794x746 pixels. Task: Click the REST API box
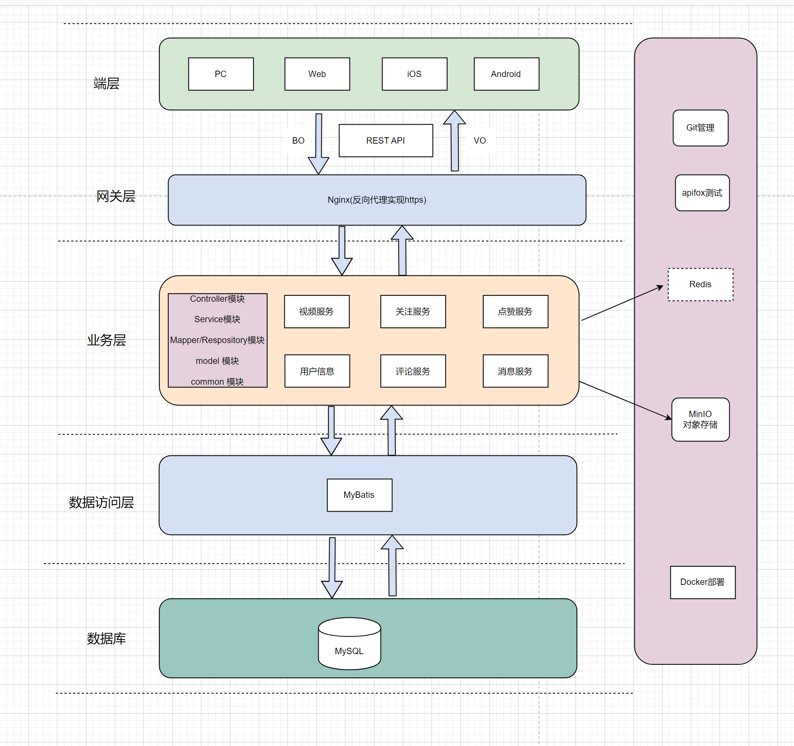pos(385,141)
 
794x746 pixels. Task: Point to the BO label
pos(298,141)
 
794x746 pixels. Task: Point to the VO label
pos(479,141)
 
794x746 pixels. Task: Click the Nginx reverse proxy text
pos(377,199)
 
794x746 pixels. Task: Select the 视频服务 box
pos(317,311)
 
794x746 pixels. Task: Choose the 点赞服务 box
pos(515,311)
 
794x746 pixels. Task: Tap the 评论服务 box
pos(413,371)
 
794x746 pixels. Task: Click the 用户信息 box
pos(317,371)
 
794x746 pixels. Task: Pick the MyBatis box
pos(359,495)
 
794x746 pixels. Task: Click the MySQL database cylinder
pos(349,644)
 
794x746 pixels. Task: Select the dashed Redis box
pos(700,284)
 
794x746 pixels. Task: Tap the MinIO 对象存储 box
pos(700,419)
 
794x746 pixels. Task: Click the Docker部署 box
pos(702,582)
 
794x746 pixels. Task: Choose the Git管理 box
pos(700,128)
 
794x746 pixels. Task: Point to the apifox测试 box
pos(702,193)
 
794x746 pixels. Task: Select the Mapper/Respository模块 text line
pos(217,340)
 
